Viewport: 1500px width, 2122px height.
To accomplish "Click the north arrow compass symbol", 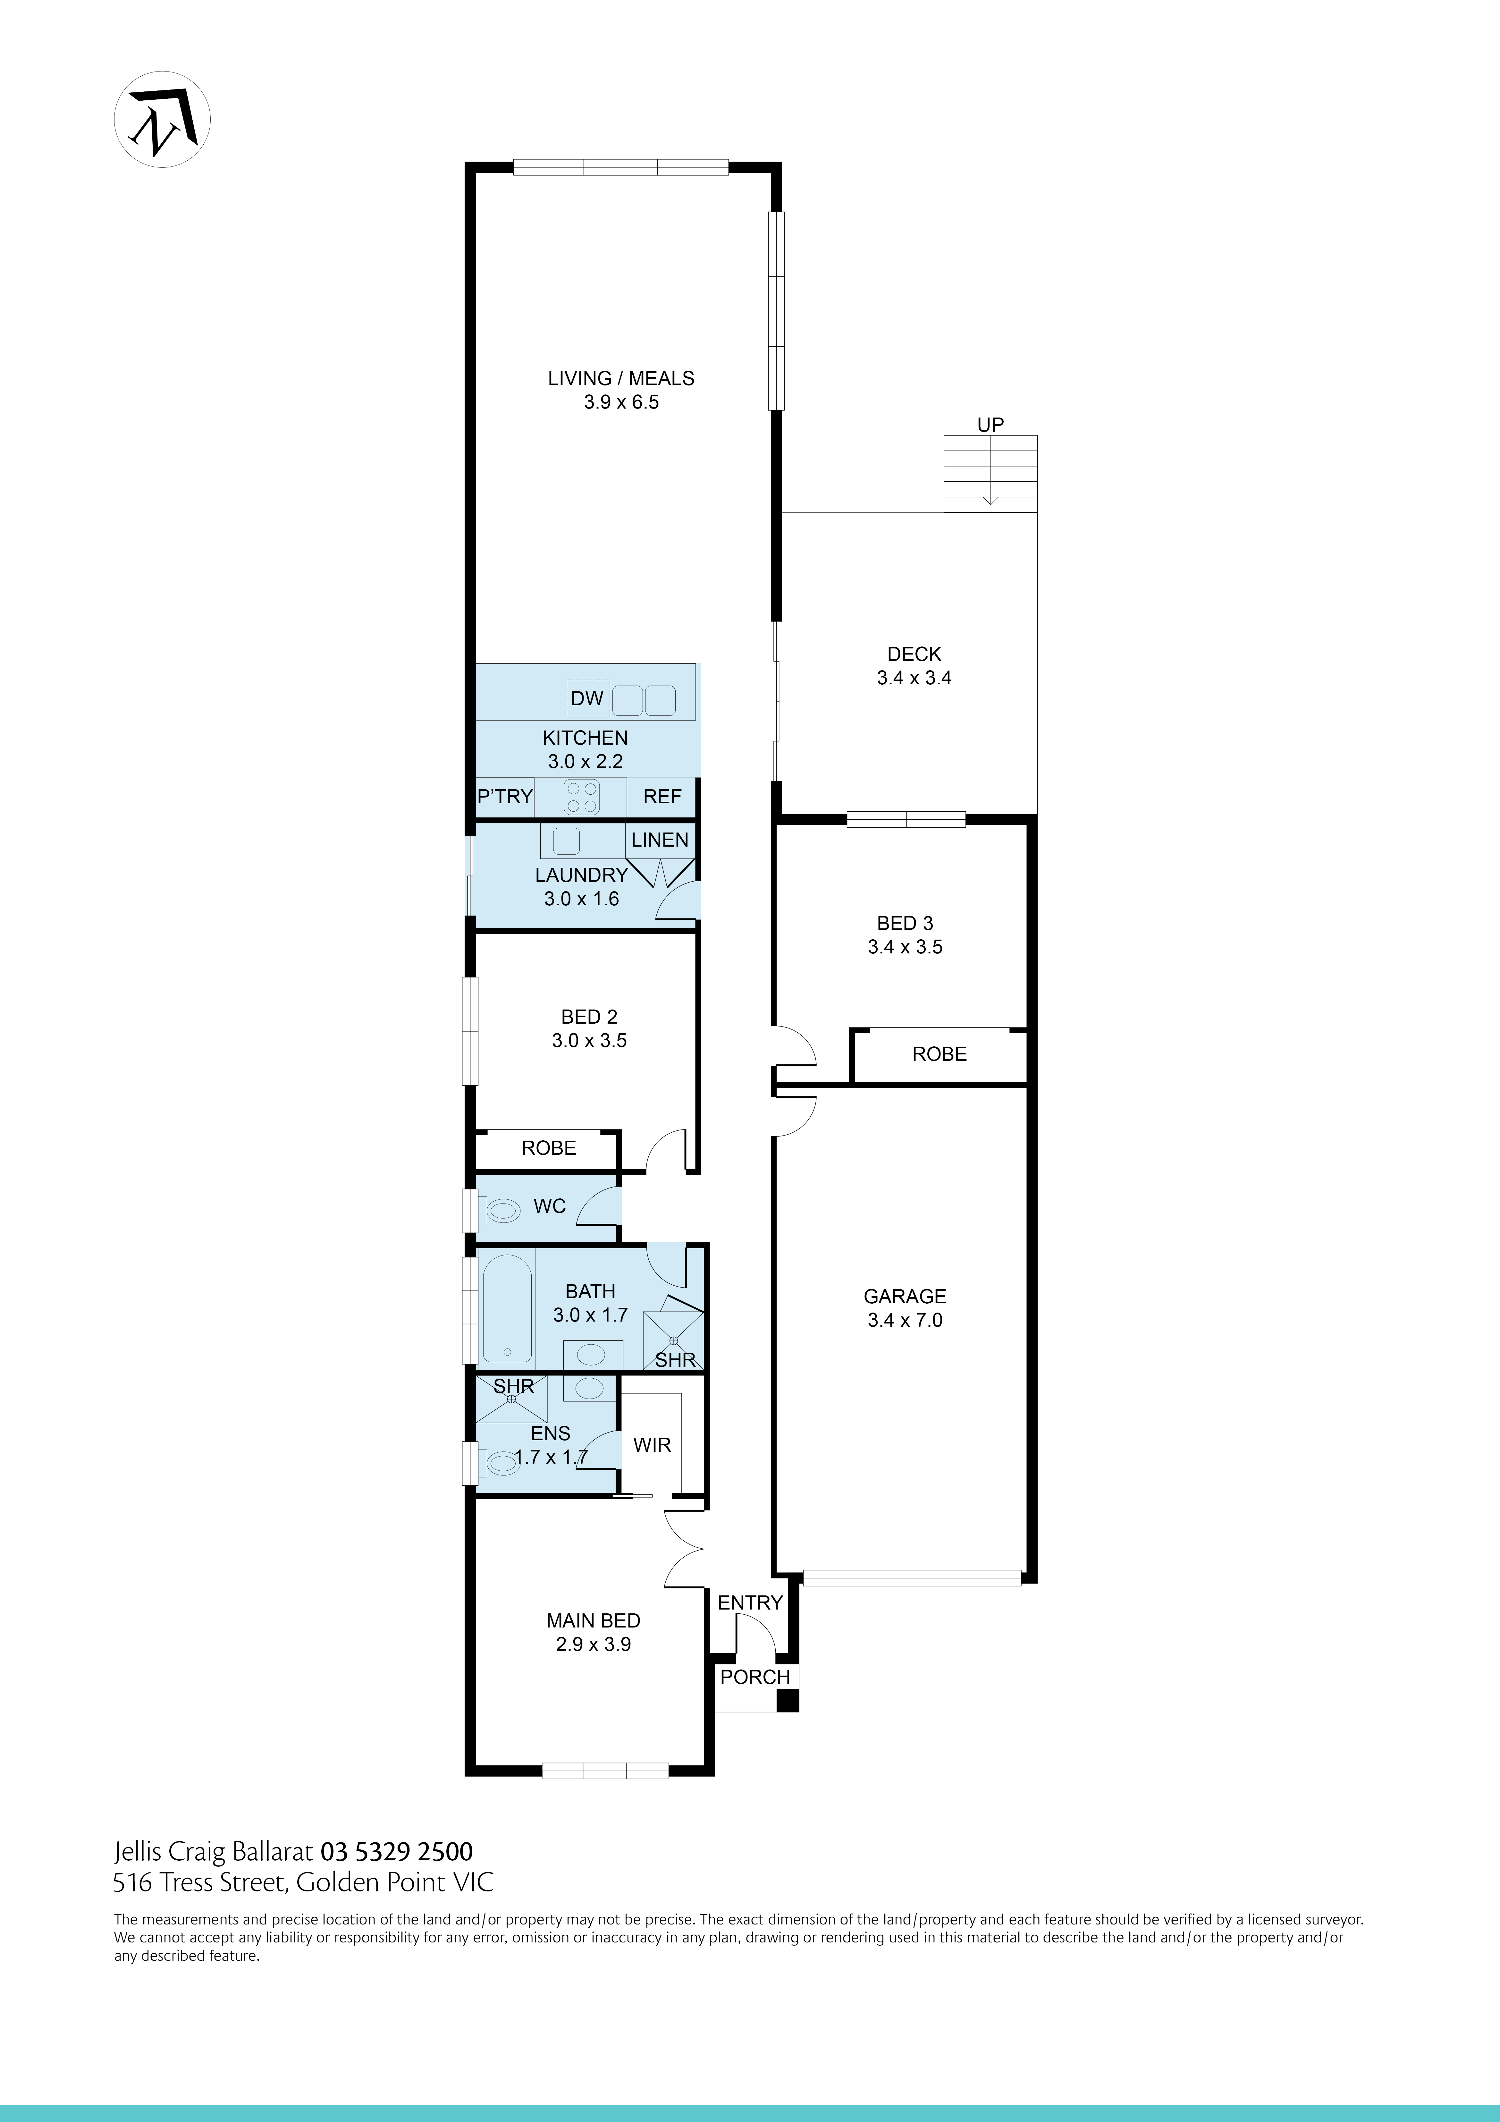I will pos(162,119).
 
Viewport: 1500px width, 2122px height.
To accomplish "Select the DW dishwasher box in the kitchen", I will pos(587,699).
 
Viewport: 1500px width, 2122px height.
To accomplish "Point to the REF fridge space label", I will pos(662,797).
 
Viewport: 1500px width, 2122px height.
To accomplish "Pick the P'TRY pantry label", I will pos(505,797).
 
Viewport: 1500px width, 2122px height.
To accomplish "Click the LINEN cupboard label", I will pos(660,840).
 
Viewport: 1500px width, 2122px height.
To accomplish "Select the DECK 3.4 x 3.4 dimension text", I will pos(914,677).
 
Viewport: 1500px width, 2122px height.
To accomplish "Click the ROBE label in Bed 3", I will pos(939,1054).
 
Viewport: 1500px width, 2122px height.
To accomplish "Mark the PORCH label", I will pos(755,1678).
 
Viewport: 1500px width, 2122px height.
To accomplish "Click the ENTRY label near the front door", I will pos(750,1602).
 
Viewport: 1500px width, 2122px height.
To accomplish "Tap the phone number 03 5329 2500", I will pos(397,1851).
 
